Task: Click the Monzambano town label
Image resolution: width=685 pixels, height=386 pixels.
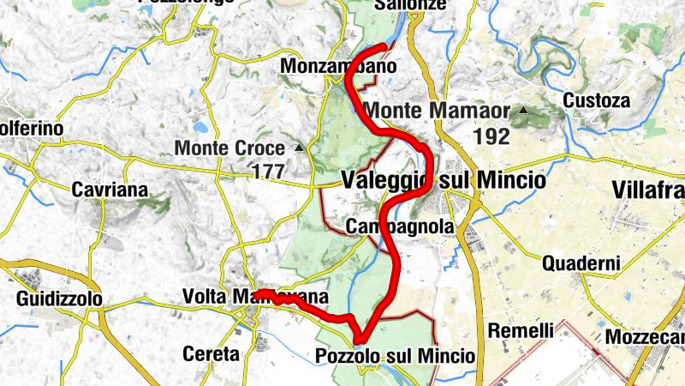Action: (338, 66)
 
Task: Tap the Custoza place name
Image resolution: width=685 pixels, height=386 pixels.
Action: (596, 100)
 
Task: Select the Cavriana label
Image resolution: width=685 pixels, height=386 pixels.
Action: (110, 189)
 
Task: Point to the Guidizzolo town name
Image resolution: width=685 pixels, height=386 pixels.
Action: (59, 299)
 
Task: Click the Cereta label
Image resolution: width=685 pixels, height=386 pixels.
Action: (211, 353)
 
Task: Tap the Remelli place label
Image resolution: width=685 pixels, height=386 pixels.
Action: (521, 330)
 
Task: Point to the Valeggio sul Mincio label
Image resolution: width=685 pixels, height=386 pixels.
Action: (443, 181)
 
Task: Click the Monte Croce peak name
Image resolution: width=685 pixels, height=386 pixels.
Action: (229, 148)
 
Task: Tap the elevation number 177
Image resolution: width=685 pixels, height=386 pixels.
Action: (268, 171)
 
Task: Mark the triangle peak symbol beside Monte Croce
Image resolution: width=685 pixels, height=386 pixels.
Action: (299, 148)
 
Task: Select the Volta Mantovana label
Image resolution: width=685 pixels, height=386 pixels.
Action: (255, 297)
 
